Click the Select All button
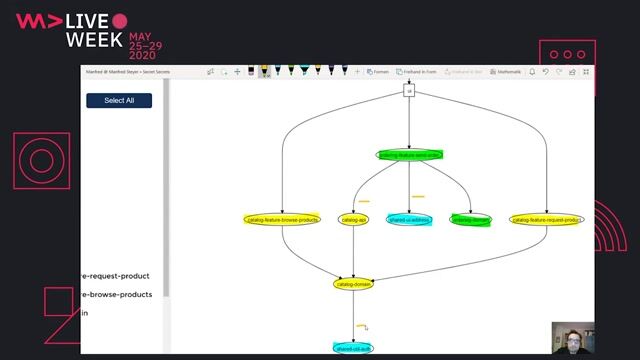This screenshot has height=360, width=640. (119, 100)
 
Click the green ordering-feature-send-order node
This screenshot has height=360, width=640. (410, 155)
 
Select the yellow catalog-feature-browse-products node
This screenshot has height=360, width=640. (283, 219)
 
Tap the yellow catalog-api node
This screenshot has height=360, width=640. (354, 219)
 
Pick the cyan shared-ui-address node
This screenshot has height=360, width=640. (409, 219)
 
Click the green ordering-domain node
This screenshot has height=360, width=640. (471, 219)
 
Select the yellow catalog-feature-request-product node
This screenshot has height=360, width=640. (546, 219)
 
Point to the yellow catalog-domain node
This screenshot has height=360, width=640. (354, 284)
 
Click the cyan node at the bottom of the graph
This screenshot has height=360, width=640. (354, 348)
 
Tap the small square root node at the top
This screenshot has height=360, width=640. (409, 91)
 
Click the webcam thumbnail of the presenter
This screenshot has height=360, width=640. (573, 339)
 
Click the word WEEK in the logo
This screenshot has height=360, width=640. (94, 41)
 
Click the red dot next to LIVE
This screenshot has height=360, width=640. (120, 20)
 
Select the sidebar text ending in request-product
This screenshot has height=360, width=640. (115, 276)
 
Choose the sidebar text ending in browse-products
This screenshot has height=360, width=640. (116, 294)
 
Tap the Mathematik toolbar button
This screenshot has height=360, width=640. (509, 72)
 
